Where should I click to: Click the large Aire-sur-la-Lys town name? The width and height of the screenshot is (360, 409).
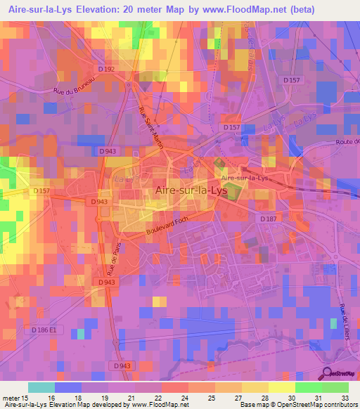click(191, 190)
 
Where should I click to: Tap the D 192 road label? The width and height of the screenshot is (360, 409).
click(106, 69)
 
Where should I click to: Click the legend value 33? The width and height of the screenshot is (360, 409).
click(345, 397)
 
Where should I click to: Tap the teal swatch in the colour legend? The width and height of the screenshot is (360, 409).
click(41, 387)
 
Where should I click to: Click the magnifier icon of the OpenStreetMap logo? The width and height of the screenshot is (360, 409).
click(328, 372)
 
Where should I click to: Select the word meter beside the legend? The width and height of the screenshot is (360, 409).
click(13, 397)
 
